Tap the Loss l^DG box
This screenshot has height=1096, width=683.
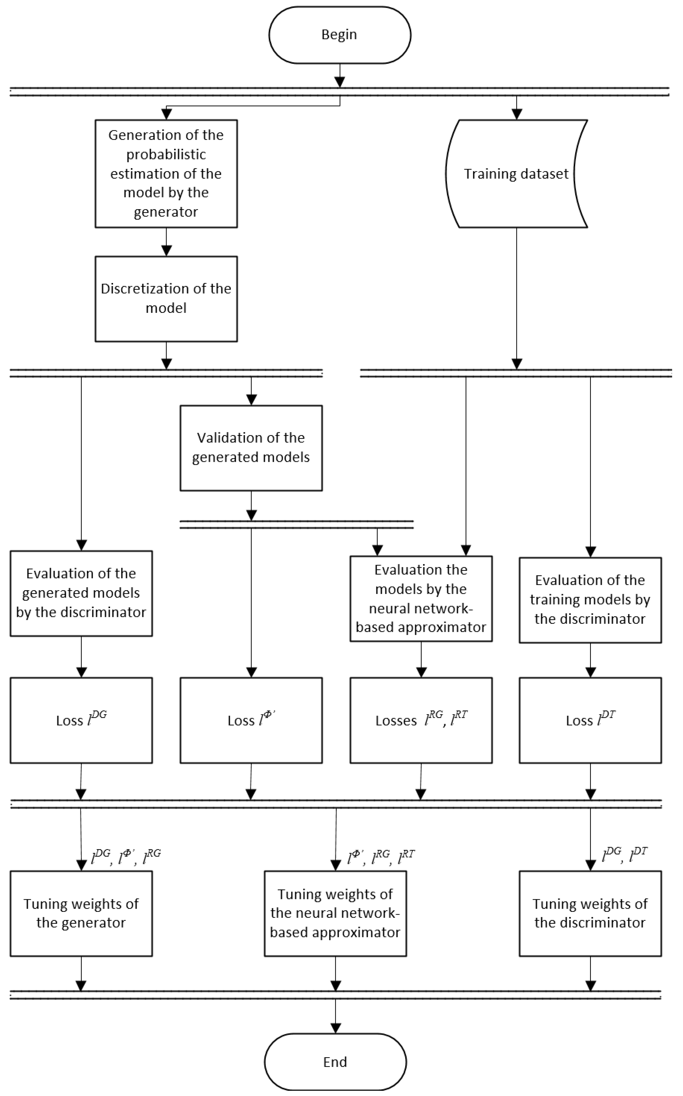[81, 720]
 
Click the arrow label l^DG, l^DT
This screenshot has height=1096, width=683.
[625, 854]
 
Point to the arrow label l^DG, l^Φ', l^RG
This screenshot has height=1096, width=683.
[126, 856]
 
